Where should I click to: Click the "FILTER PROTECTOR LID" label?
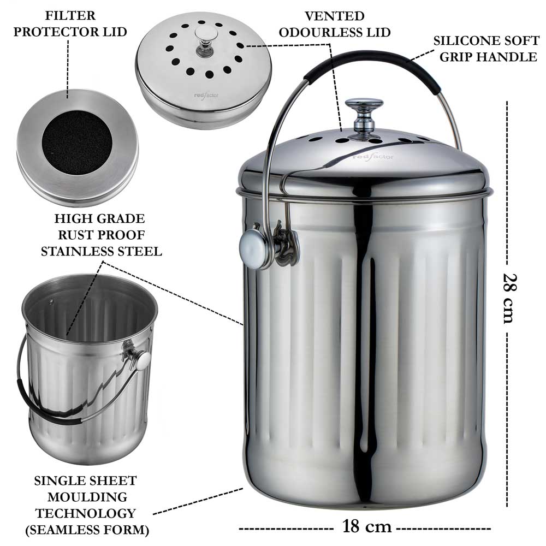70,23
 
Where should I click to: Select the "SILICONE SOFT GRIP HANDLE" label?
485,49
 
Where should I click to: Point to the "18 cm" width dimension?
367,527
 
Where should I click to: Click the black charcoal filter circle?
77,143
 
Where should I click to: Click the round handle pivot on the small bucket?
143,360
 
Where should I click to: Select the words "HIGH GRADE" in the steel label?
99,219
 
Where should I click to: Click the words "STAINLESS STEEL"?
99,251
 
